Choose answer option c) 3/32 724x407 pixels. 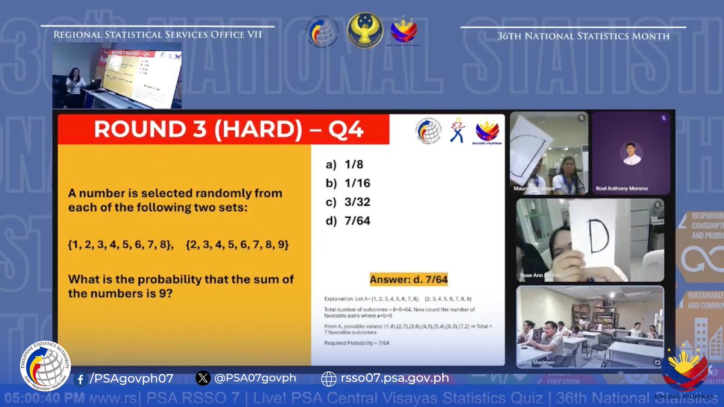[348, 202]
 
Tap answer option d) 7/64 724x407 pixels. [348, 221]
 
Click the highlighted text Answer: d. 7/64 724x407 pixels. [408, 279]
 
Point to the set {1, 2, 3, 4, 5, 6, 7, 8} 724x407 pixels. [121, 245]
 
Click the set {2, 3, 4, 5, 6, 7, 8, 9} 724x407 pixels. [238, 245]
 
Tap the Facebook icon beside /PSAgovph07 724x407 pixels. [80, 379]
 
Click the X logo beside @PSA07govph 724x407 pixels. [203, 379]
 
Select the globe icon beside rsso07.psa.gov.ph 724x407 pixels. [328, 379]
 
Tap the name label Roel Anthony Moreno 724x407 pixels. [621, 189]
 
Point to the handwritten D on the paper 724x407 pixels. [597, 238]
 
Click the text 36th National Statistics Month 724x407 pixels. [583, 36]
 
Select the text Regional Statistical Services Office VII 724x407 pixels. [158, 35]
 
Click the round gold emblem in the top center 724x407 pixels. [364, 30]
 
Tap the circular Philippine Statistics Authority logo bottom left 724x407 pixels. [45, 366]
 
